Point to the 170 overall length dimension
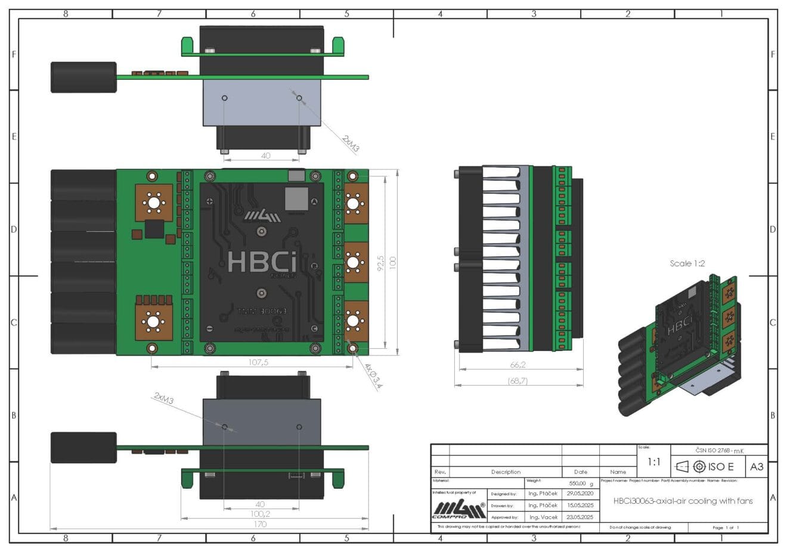(x=260, y=524)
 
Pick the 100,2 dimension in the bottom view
(x=260, y=514)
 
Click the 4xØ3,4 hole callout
(x=374, y=376)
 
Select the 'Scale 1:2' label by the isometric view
(x=687, y=263)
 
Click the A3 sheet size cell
(x=756, y=467)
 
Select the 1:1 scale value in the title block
(x=653, y=462)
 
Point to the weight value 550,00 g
(x=581, y=484)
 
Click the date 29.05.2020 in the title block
(x=580, y=494)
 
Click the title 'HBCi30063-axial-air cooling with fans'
(x=683, y=501)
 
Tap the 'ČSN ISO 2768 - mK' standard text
(x=719, y=451)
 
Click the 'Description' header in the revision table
(x=506, y=472)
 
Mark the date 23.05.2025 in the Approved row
(x=580, y=517)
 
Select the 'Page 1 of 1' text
(x=725, y=528)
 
